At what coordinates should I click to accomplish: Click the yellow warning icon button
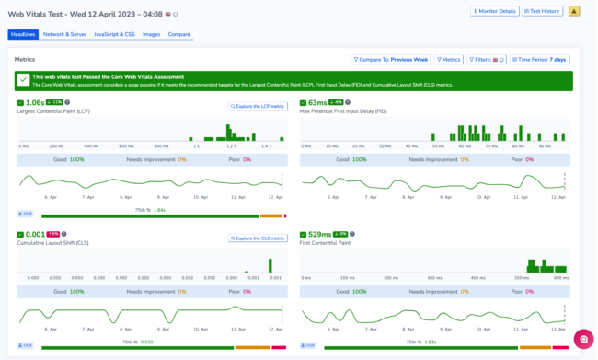click(x=574, y=11)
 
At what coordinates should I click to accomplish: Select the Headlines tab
click(x=23, y=34)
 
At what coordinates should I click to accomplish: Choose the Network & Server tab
click(x=65, y=34)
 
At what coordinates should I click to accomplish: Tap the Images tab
click(x=151, y=34)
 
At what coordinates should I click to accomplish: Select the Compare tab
click(x=179, y=34)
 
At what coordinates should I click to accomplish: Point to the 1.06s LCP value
click(x=35, y=102)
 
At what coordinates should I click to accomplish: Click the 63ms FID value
click(x=317, y=102)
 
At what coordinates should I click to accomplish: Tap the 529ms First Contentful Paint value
click(x=320, y=234)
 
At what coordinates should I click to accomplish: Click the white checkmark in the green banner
click(x=23, y=80)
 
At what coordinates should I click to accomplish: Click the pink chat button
click(x=581, y=339)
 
